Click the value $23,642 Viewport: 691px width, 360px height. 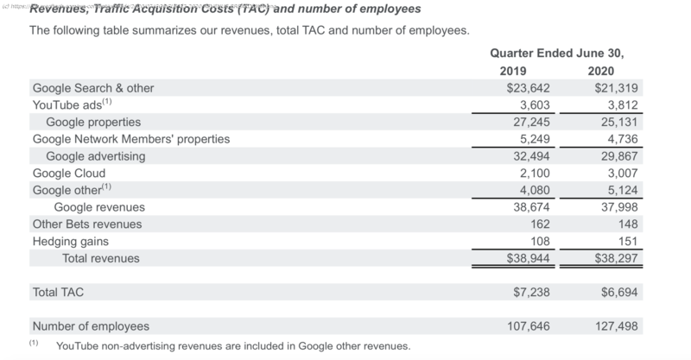[x=529, y=88]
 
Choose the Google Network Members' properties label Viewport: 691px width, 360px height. [x=130, y=139]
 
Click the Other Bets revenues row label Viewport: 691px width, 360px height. [x=87, y=224]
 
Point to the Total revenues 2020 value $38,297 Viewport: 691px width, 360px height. [x=615, y=258]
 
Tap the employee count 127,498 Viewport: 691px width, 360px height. [x=615, y=326]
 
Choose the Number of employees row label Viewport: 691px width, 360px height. [x=91, y=326]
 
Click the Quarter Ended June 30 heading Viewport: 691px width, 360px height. [x=557, y=52]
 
